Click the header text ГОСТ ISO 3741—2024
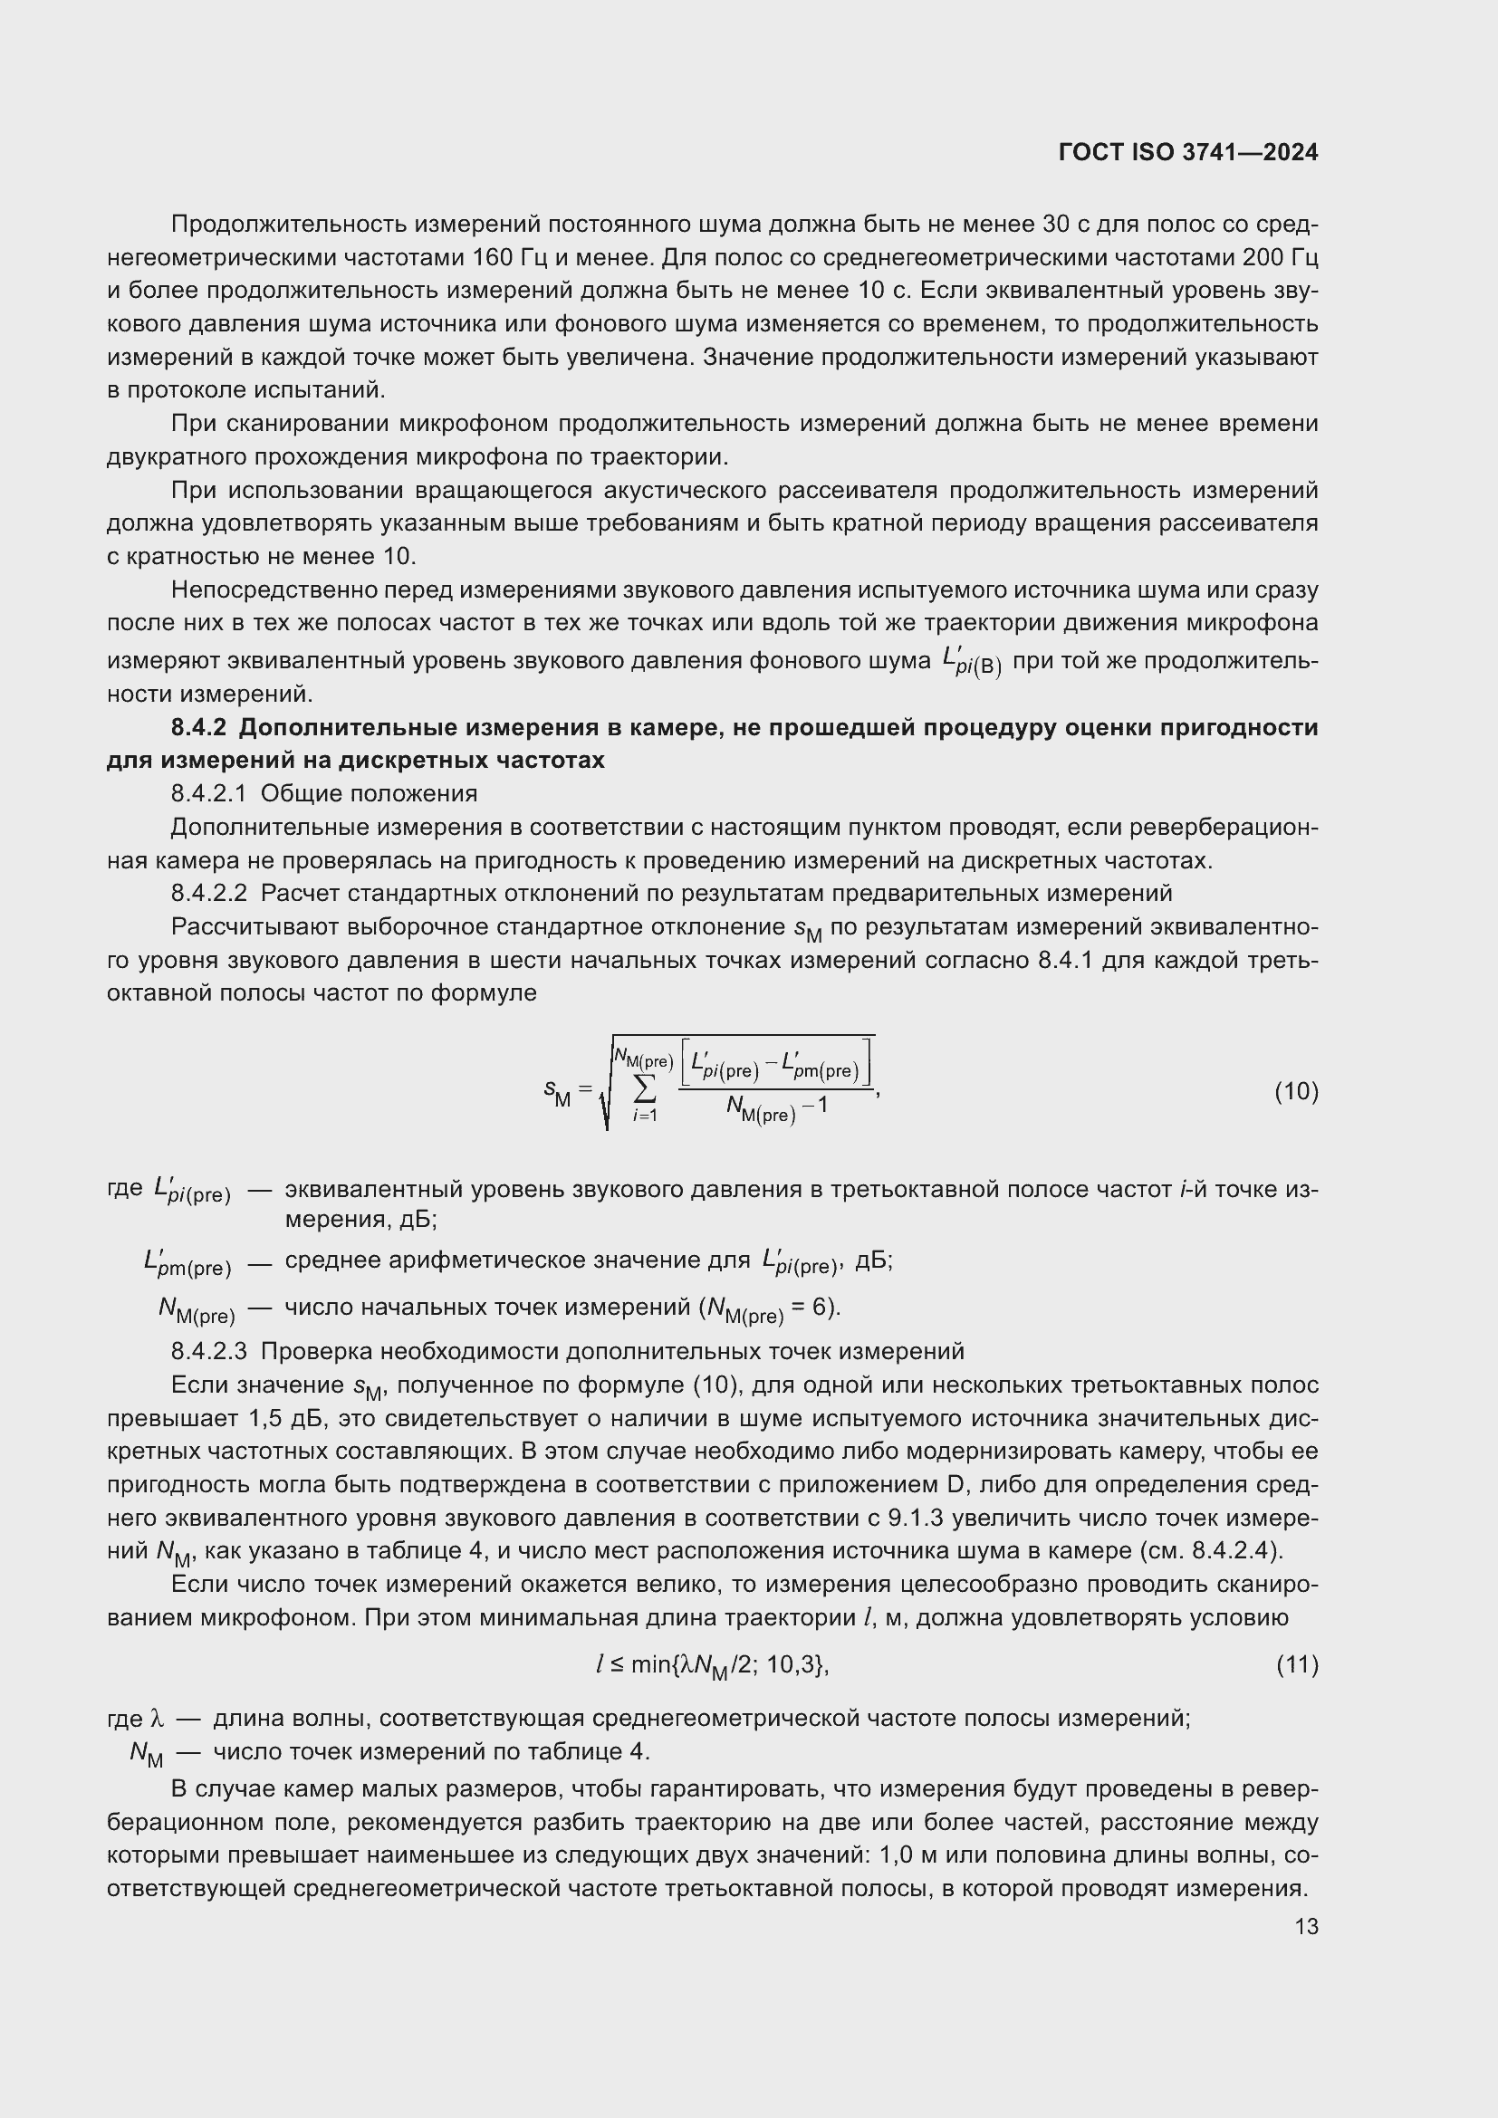(x=1188, y=152)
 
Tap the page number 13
(x=1306, y=1926)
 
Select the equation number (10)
(x=1296, y=1091)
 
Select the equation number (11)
(x=1297, y=1664)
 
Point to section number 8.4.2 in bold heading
(x=198, y=727)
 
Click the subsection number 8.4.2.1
(x=208, y=793)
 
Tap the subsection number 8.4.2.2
(x=208, y=893)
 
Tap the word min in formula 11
(x=651, y=1664)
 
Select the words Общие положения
(x=369, y=793)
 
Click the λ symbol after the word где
(x=156, y=1718)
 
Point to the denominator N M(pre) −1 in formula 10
(x=776, y=1107)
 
